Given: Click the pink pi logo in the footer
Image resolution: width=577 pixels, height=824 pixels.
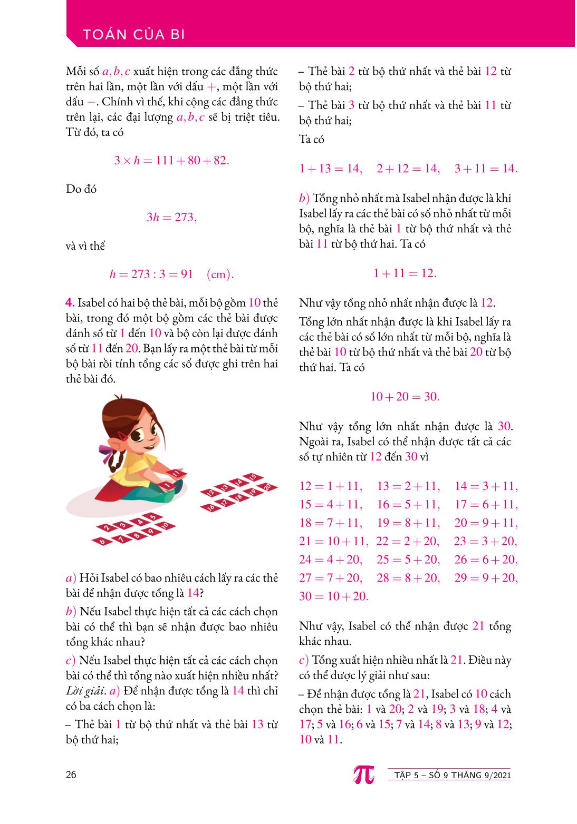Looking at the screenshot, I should [363, 774].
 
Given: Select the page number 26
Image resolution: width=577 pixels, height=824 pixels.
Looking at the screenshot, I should [71, 774].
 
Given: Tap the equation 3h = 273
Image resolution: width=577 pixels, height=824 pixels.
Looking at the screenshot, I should [171, 217].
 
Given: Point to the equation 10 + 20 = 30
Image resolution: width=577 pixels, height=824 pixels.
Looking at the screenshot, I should [405, 396].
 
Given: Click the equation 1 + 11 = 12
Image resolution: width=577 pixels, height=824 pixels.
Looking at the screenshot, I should [405, 273].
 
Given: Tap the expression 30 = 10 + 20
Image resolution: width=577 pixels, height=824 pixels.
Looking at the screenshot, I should [333, 596].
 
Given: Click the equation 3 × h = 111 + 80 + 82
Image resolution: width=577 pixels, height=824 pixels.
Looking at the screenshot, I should [171, 160].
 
